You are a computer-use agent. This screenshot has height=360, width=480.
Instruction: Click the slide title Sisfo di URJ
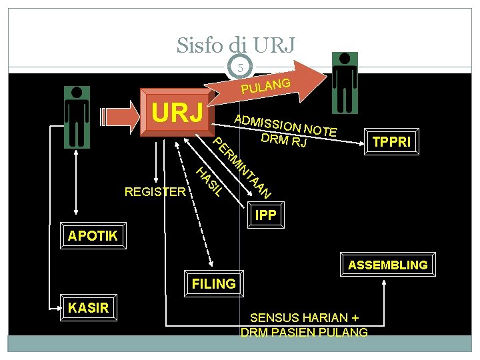pyautogui.click(x=235, y=45)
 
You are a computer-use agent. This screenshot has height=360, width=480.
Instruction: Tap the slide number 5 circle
pyautogui.click(x=240, y=67)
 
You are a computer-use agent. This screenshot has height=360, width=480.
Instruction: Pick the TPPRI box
pyautogui.click(x=391, y=143)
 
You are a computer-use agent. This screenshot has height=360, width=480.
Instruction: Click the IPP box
pyautogui.click(x=265, y=215)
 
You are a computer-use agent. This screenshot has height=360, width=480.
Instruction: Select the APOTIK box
pyautogui.click(x=93, y=235)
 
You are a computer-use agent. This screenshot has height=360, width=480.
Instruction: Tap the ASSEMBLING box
pyautogui.click(x=387, y=265)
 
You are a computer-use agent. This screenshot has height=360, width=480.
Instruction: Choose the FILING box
pyautogui.click(x=213, y=283)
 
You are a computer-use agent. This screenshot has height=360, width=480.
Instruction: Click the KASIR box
pyautogui.click(x=88, y=307)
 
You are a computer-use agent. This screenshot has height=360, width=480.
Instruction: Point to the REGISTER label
pyautogui.click(x=155, y=192)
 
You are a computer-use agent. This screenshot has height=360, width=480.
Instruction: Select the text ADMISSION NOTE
pyautogui.click(x=285, y=124)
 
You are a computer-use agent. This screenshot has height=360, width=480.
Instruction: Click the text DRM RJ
pyautogui.click(x=284, y=140)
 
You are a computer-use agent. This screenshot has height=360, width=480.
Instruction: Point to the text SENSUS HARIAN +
pyautogui.click(x=304, y=318)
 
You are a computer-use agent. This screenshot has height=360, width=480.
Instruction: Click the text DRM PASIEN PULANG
pyautogui.click(x=304, y=332)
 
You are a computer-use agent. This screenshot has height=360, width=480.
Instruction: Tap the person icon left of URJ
pyautogui.click(x=77, y=117)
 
